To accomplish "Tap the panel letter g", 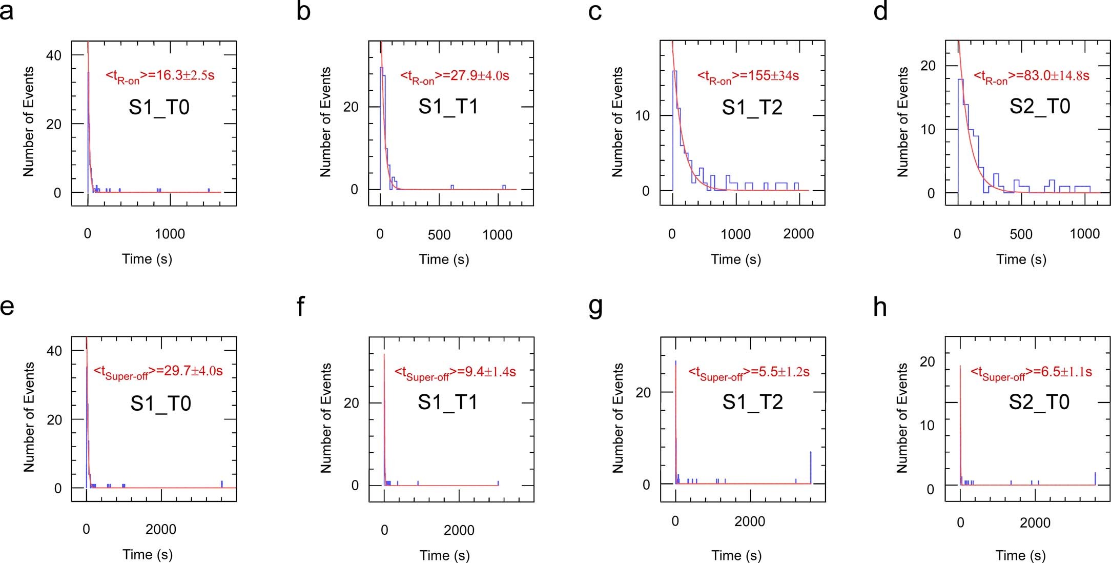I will point(596,307).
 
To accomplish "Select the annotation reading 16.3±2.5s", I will point(160,76).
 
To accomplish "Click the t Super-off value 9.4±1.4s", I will point(455,372).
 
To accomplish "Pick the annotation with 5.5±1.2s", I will point(749,372).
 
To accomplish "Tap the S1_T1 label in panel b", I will point(448,107).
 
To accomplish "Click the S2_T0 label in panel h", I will point(1039,402).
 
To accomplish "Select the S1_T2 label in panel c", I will point(752,108).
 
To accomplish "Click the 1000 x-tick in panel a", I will point(170,234).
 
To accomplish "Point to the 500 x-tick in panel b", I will point(439,235).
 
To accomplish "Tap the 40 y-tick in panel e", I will point(54,351).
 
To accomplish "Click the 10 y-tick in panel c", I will point(642,116).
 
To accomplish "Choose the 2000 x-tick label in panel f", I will point(459,530).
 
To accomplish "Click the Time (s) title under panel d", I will point(1021,259).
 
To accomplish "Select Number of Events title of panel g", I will point(618,418).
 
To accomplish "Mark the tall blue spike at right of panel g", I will point(811,467).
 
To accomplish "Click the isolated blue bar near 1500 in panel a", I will point(209,190).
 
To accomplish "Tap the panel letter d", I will point(880,11).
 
